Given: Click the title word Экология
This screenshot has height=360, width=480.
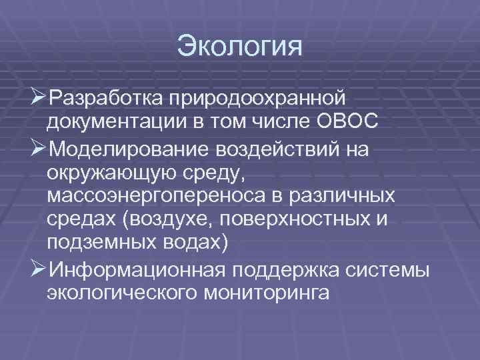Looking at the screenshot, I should click(240, 47).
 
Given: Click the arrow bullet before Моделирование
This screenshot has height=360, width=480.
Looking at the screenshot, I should click(38, 148).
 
